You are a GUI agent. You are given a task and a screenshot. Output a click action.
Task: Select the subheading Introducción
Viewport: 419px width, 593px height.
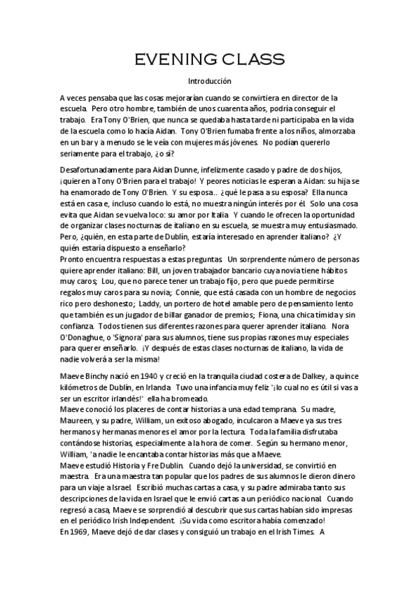click(x=209, y=81)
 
